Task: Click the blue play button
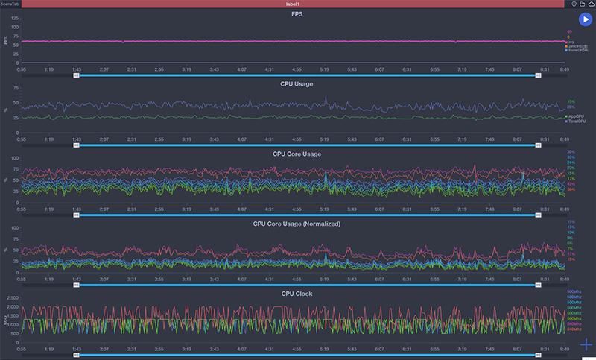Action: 585,20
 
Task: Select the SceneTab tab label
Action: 11,4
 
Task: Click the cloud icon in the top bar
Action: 592,4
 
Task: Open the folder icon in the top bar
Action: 582,4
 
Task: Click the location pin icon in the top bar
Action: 573,4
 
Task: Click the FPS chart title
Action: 297,14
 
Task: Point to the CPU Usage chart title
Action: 297,84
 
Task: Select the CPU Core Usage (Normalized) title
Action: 297,224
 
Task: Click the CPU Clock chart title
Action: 297,294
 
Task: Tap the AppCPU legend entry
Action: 576,116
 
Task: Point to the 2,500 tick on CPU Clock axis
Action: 11,298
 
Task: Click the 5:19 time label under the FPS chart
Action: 324,69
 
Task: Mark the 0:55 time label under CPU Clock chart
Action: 22,349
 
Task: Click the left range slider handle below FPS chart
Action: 76,75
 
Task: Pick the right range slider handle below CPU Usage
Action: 538,145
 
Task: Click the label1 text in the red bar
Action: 297,4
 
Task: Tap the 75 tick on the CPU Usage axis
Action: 16,88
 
